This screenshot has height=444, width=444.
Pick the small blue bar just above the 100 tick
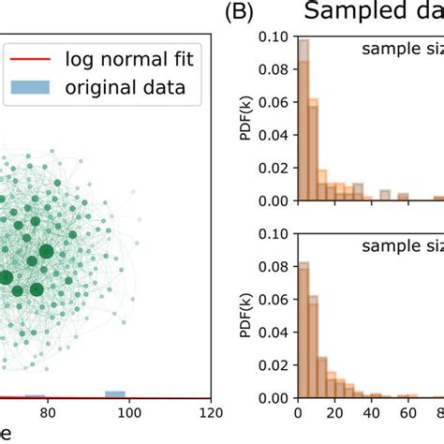pyautogui.click(x=115, y=393)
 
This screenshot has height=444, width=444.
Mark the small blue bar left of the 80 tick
pyautogui.click(x=35, y=395)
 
